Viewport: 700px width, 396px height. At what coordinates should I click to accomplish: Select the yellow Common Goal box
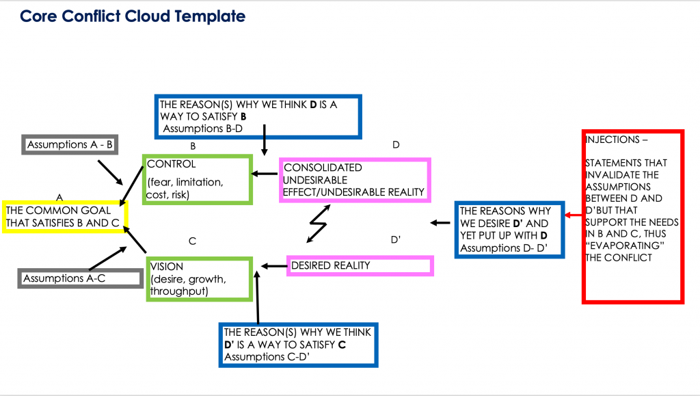coord(64,216)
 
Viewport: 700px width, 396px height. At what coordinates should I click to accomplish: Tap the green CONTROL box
coord(197,179)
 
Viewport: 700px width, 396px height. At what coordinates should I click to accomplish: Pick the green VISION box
coord(199,278)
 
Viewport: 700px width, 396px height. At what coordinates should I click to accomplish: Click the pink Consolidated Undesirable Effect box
coord(355,180)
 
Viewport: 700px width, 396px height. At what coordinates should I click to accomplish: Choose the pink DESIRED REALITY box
coord(360,265)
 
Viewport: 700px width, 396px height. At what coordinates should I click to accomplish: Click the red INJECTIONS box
coord(632,216)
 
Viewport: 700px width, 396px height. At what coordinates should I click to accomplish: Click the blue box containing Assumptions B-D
coord(258,116)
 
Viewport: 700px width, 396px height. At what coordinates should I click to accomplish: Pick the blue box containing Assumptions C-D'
coord(297,344)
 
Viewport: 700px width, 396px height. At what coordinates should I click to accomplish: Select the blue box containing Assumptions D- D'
coord(510,230)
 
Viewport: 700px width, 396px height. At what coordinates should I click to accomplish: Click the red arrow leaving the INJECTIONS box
coord(573,216)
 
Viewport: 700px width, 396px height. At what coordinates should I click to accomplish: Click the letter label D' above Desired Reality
coord(395,240)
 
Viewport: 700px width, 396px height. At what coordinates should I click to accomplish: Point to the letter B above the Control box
coord(193,146)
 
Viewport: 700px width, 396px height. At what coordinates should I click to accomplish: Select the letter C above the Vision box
coord(193,241)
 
